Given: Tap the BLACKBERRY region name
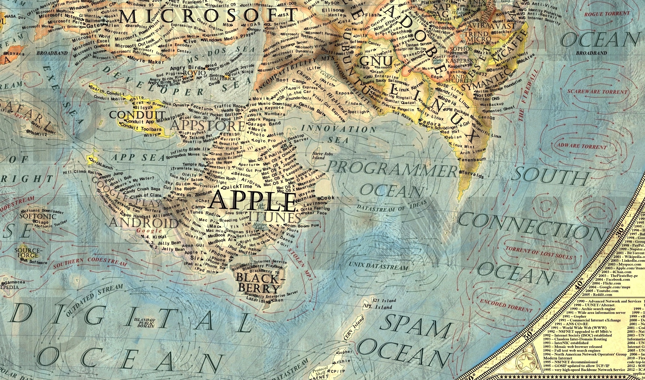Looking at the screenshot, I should point(258,283).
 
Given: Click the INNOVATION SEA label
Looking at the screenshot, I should point(339,134).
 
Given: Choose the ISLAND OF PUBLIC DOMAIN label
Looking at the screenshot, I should point(145,323).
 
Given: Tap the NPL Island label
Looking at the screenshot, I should point(378,306).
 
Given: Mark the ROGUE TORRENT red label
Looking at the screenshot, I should point(607,14).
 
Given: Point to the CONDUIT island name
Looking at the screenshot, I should point(137,115).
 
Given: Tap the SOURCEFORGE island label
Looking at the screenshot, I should point(28,253).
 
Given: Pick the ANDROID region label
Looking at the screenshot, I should point(143,223).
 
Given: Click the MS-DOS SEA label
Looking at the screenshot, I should point(220,54).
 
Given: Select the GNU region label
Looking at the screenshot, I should point(376,61).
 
